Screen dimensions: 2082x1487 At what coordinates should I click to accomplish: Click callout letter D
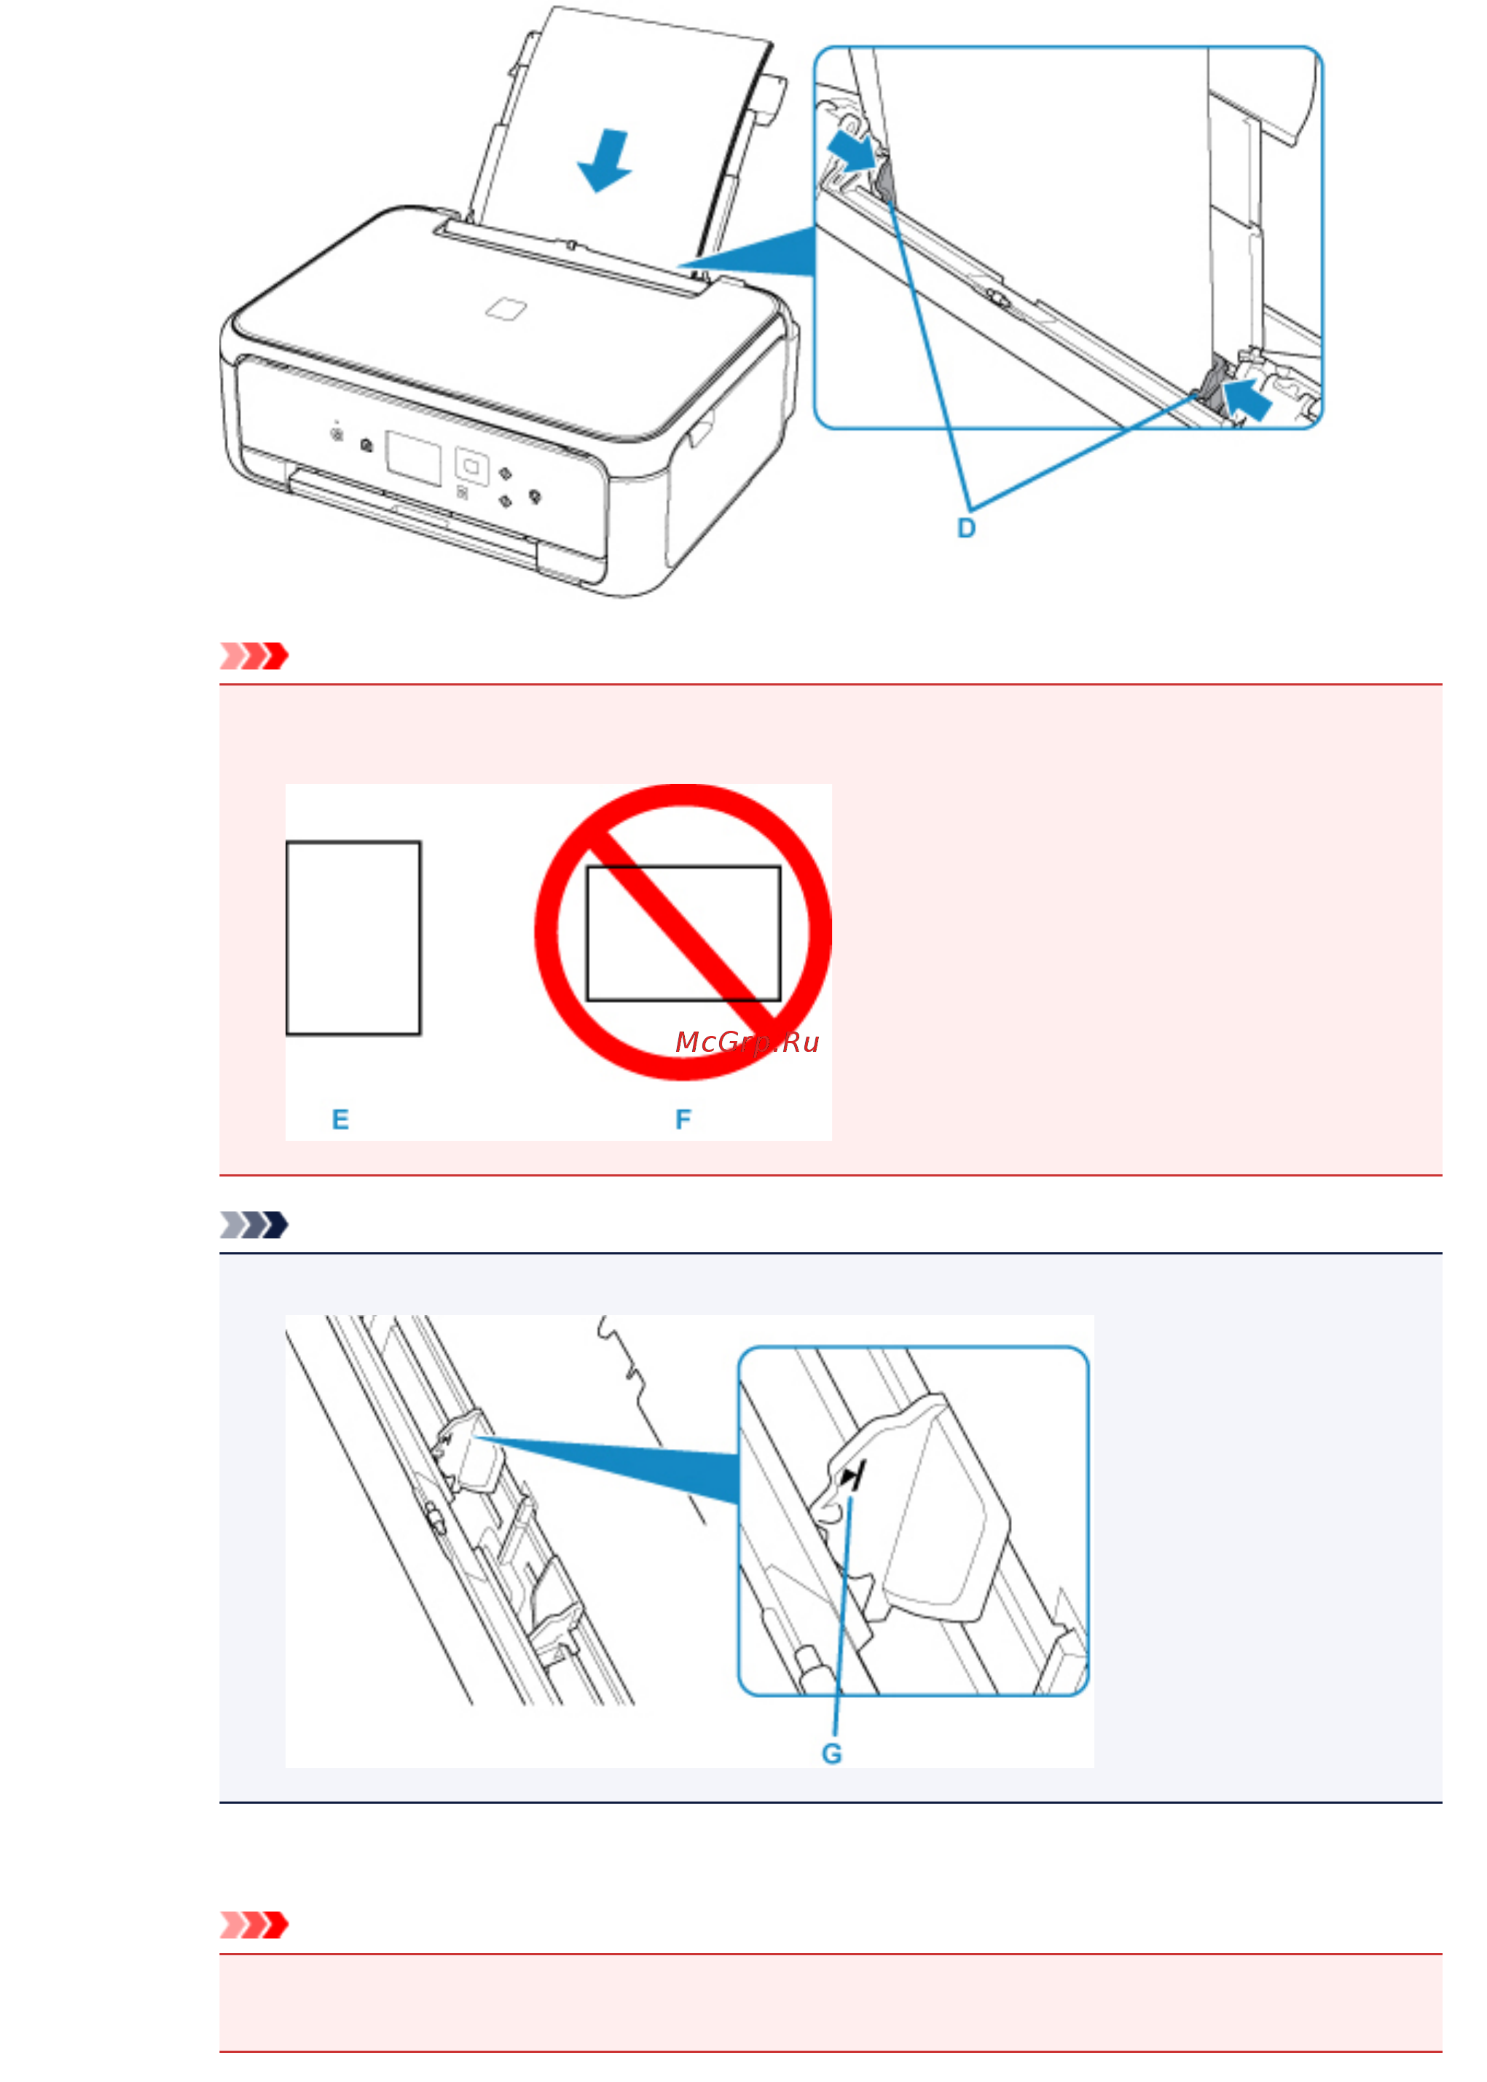pyautogui.click(x=966, y=528)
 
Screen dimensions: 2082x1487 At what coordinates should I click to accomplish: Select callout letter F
pyautogui.click(x=683, y=1119)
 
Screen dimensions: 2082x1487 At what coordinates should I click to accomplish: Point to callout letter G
pyautogui.click(x=831, y=1753)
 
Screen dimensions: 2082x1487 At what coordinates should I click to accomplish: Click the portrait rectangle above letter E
pyautogui.click(x=353, y=938)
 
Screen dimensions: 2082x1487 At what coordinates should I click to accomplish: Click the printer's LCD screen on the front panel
pyautogui.click(x=414, y=457)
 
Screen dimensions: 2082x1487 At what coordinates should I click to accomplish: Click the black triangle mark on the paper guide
pyautogui.click(x=851, y=1476)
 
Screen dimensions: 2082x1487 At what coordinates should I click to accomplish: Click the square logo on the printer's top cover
pyautogui.click(x=506, y=309)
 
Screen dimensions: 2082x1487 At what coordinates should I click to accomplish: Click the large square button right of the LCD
pyautogui.click(x=471, y=467)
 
